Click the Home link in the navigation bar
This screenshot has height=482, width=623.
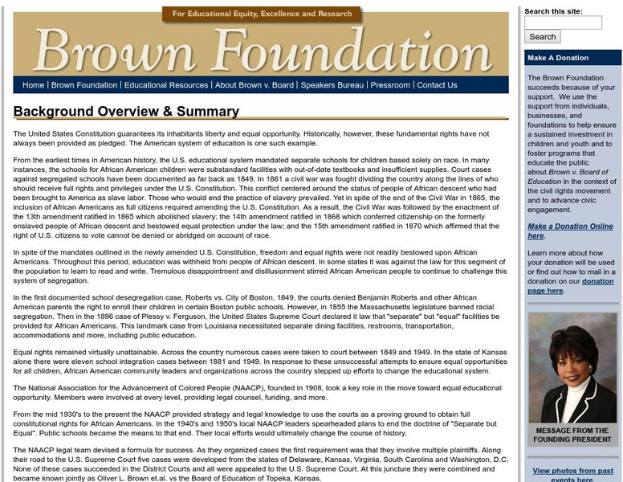click(34, 85)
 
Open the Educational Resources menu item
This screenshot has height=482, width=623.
click(166, 85)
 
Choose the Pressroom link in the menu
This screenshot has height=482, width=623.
click(390, 85)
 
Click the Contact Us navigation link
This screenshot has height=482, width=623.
click(437, 85)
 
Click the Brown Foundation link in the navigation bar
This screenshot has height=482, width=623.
click(84, 85)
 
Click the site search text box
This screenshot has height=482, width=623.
click(563, 22)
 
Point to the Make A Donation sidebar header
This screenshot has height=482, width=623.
click(558, 58)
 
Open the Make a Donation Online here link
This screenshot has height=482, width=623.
click(570, 231)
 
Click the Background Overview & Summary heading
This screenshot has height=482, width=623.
click(126, 112)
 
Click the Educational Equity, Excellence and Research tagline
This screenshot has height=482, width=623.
click(262, 14)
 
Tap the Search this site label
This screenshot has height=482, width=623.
click(555, 11)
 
